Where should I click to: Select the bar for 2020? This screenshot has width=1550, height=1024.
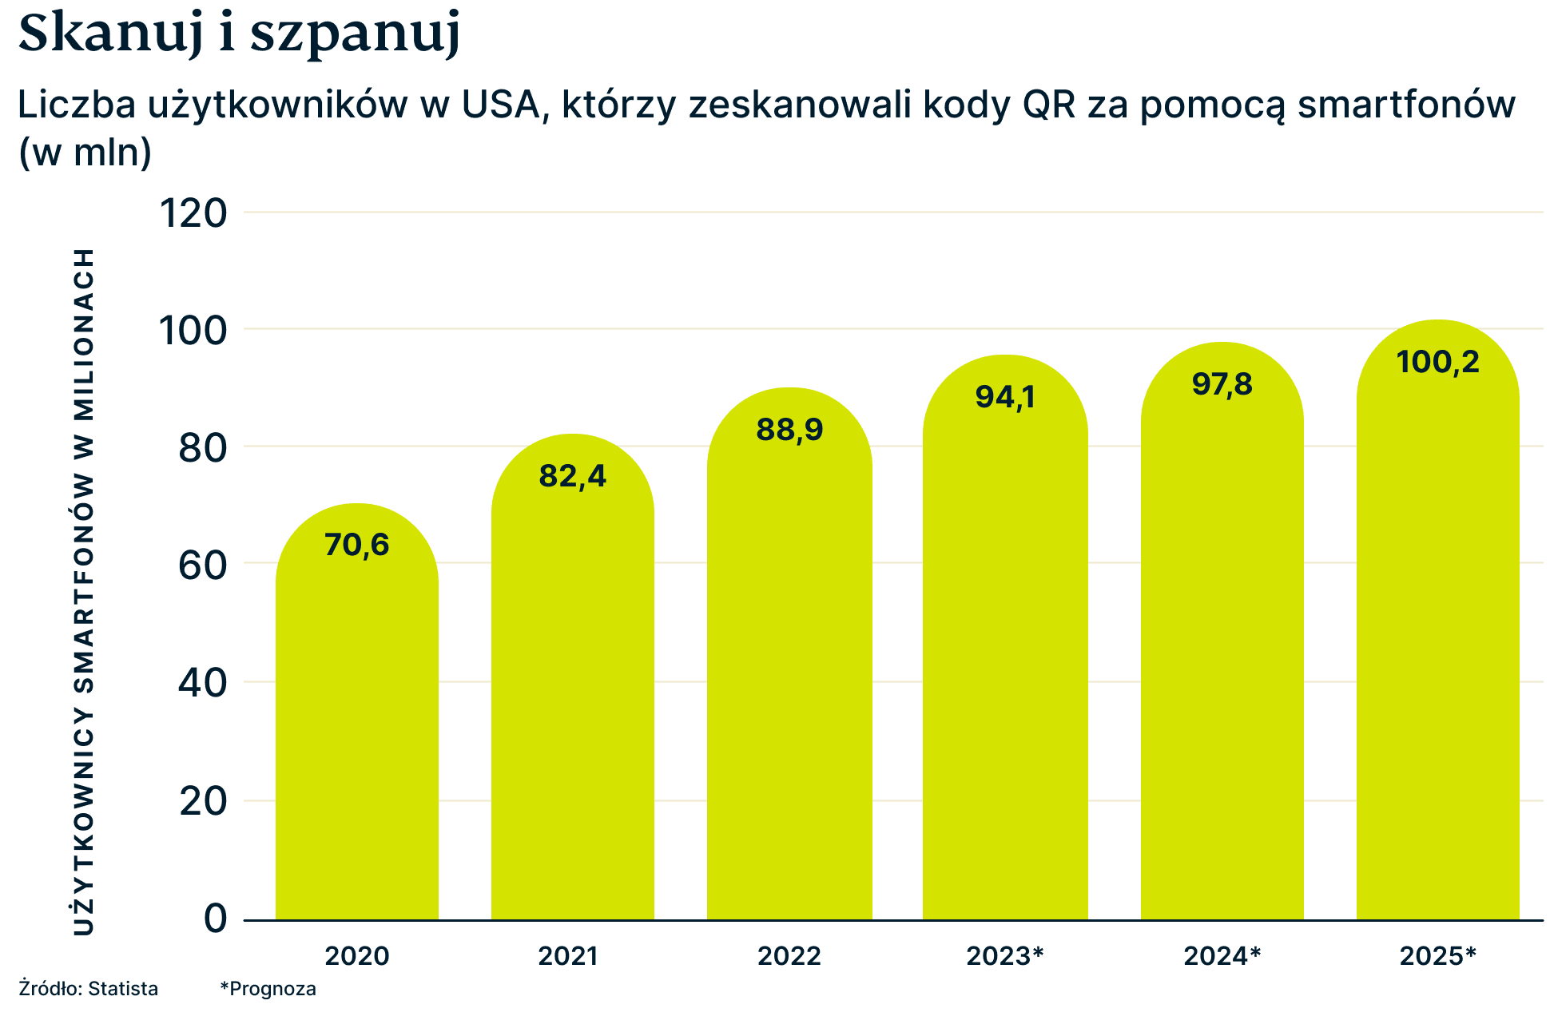coord(357,719)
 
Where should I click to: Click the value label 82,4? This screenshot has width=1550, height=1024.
coord(572,476)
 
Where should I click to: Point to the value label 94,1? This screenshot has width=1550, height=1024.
coord(1004,397)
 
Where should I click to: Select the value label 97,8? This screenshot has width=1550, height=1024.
coord(1222,384)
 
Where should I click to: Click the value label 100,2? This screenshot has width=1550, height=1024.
coord(1437,362)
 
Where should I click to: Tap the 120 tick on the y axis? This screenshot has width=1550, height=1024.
coord(194,213)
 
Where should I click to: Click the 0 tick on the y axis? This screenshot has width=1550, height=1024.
coord(215,919)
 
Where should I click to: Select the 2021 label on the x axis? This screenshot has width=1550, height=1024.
coord(567,956)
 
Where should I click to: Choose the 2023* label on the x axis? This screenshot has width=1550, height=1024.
coord(1004,956)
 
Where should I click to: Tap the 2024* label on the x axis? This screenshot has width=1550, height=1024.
coord(1222,956)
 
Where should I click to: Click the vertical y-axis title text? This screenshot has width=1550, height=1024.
coord(84,591)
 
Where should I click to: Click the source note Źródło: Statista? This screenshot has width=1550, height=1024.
coord(88,989)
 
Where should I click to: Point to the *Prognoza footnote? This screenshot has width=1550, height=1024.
coord(268,989)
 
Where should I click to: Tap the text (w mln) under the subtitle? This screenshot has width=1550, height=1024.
coord(85,152)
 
